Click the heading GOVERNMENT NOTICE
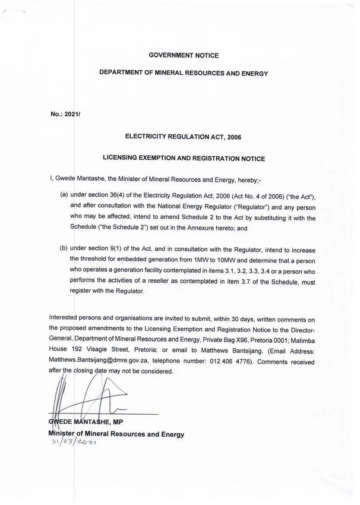pyautogui.click(x=184, y=55)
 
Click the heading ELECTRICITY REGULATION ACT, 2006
pyautogui.click(x=184, y=136)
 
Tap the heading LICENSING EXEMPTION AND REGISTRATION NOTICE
pyautogui.click(x=184, y=158)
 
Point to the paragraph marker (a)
pyautogui.click(x=64, y=194)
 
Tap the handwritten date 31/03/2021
pyautogui.click(x=75, y=443)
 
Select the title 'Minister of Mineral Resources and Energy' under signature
pyautogui.click(x=116, y=434)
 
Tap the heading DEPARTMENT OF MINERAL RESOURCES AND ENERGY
pyautogui.click(x=184, y=74)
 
